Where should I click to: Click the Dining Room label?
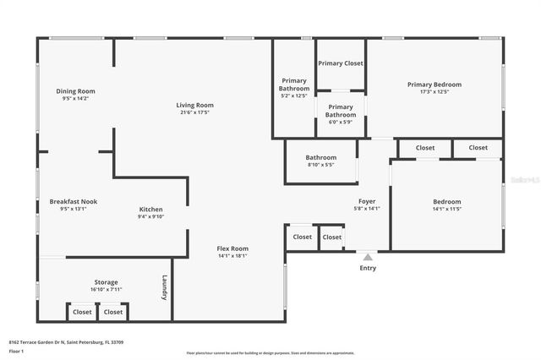[x=75, y=91]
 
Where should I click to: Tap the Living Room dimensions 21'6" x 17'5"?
[x=194, y=112]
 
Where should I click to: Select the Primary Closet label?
[x=341, y=63]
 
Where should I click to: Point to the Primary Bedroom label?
[x=434, y=85]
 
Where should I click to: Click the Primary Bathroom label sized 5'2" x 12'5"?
[x=294, y=85]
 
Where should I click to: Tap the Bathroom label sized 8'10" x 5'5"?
[x=321, y=157]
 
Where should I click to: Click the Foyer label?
[x=367, y=201]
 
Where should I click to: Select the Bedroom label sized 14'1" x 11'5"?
[x=447, y=202]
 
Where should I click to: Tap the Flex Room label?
[x=232, y=248]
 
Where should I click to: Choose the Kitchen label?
[x=151, y=210]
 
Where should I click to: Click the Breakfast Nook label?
[x=74, y=201]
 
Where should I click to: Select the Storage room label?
[x=106, y=282]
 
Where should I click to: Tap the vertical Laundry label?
[x=164, y=287]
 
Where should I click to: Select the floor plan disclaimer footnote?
[x=270, y=353]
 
